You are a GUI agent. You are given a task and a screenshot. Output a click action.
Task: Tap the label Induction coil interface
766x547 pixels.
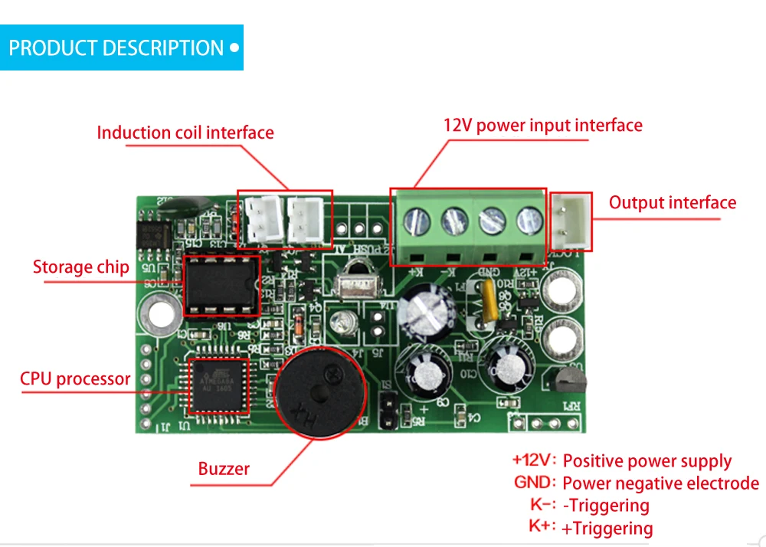pos(185,133)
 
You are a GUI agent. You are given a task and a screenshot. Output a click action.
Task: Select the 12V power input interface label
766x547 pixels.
pos(542,125)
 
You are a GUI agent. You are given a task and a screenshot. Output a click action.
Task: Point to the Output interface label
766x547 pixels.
pos(672,203)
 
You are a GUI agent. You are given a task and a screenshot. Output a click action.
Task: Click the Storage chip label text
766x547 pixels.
pos(80,267)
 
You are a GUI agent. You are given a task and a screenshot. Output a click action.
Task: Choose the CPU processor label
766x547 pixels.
pos(75,378)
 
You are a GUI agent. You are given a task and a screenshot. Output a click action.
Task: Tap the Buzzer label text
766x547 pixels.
pos(224,469)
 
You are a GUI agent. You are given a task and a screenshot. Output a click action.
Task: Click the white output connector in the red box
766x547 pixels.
pos(571,222)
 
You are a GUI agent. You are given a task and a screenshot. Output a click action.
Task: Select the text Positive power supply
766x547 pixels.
pos(647,461)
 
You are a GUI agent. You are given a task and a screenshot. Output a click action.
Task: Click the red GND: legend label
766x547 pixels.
pos(535,483)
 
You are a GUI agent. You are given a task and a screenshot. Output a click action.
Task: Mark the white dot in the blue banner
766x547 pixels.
pos(234,47)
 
